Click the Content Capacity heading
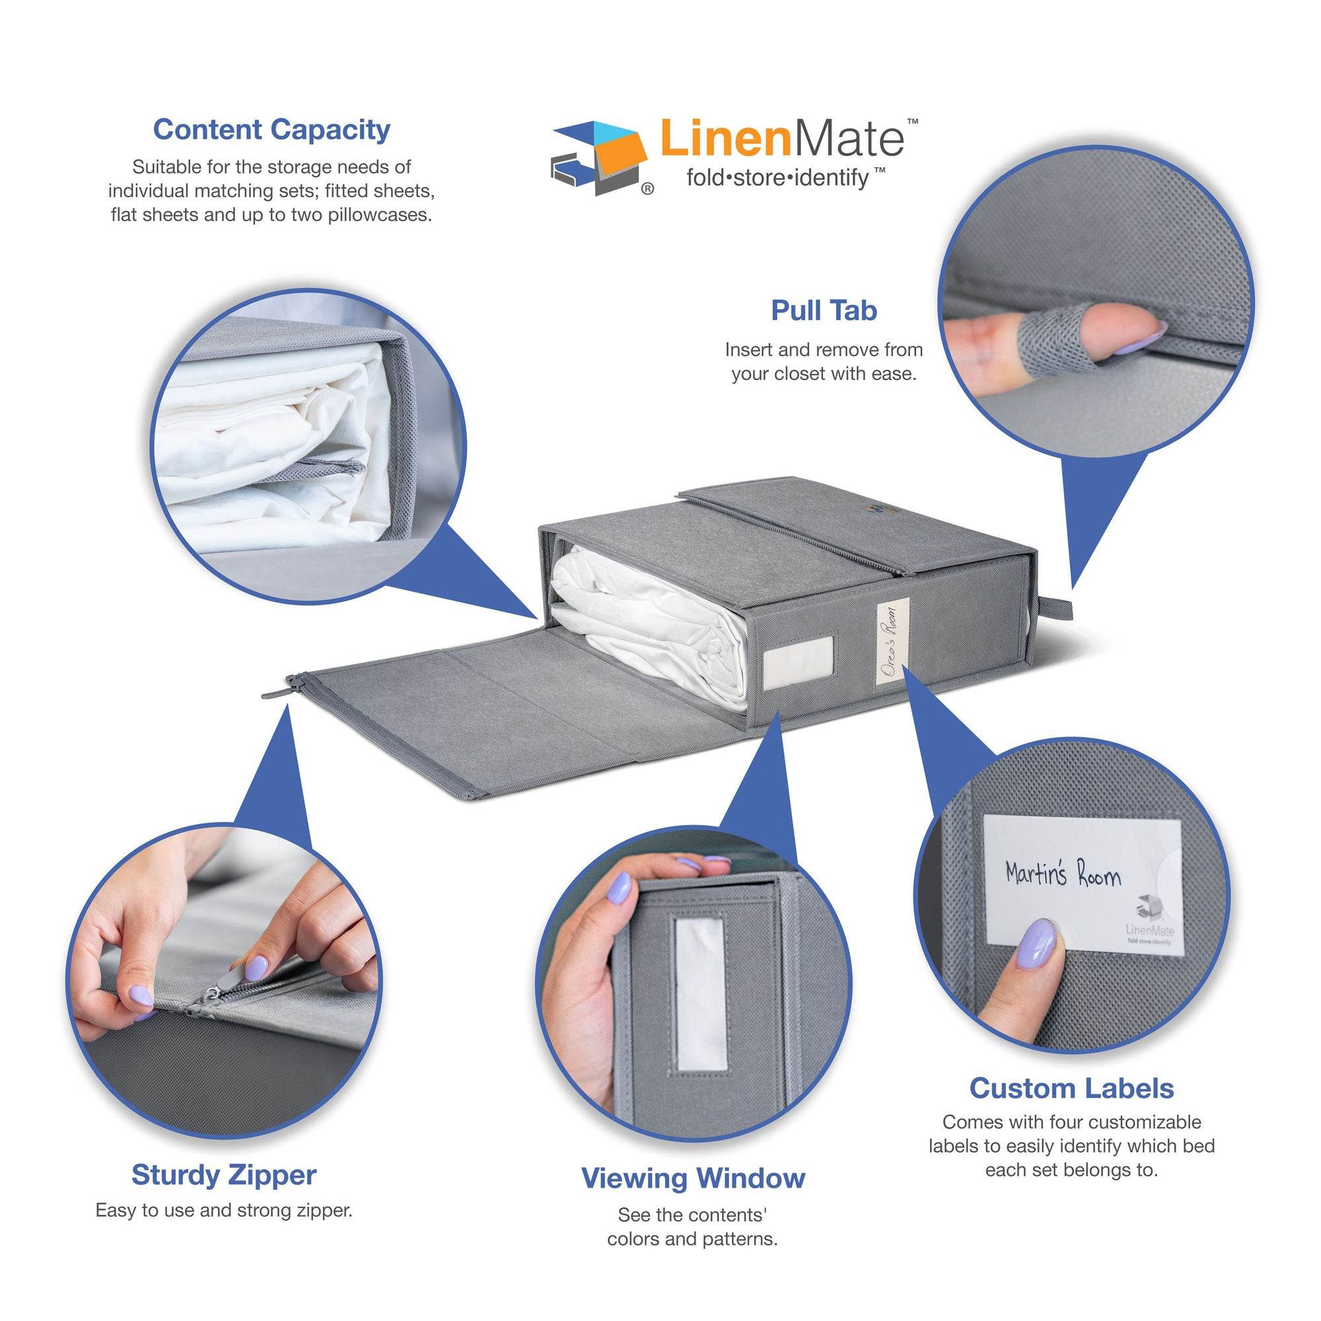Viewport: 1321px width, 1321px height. point(271,130)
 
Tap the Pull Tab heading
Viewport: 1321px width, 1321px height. point(823,310)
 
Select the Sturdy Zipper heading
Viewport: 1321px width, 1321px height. point(224,1174)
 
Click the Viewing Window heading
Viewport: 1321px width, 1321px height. point(693,1178)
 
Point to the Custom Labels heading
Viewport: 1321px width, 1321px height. point(1071,1089)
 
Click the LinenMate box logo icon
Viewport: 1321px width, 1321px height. point(599,157)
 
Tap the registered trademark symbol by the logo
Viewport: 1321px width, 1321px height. point(647,190)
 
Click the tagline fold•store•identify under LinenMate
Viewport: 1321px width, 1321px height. point(777,178)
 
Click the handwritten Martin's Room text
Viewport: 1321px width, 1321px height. point(1062,875)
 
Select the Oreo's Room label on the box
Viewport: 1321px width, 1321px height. point(892,641)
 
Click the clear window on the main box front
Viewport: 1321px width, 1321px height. point(798,662)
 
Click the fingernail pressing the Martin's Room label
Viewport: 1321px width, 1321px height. point(1037,943)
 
